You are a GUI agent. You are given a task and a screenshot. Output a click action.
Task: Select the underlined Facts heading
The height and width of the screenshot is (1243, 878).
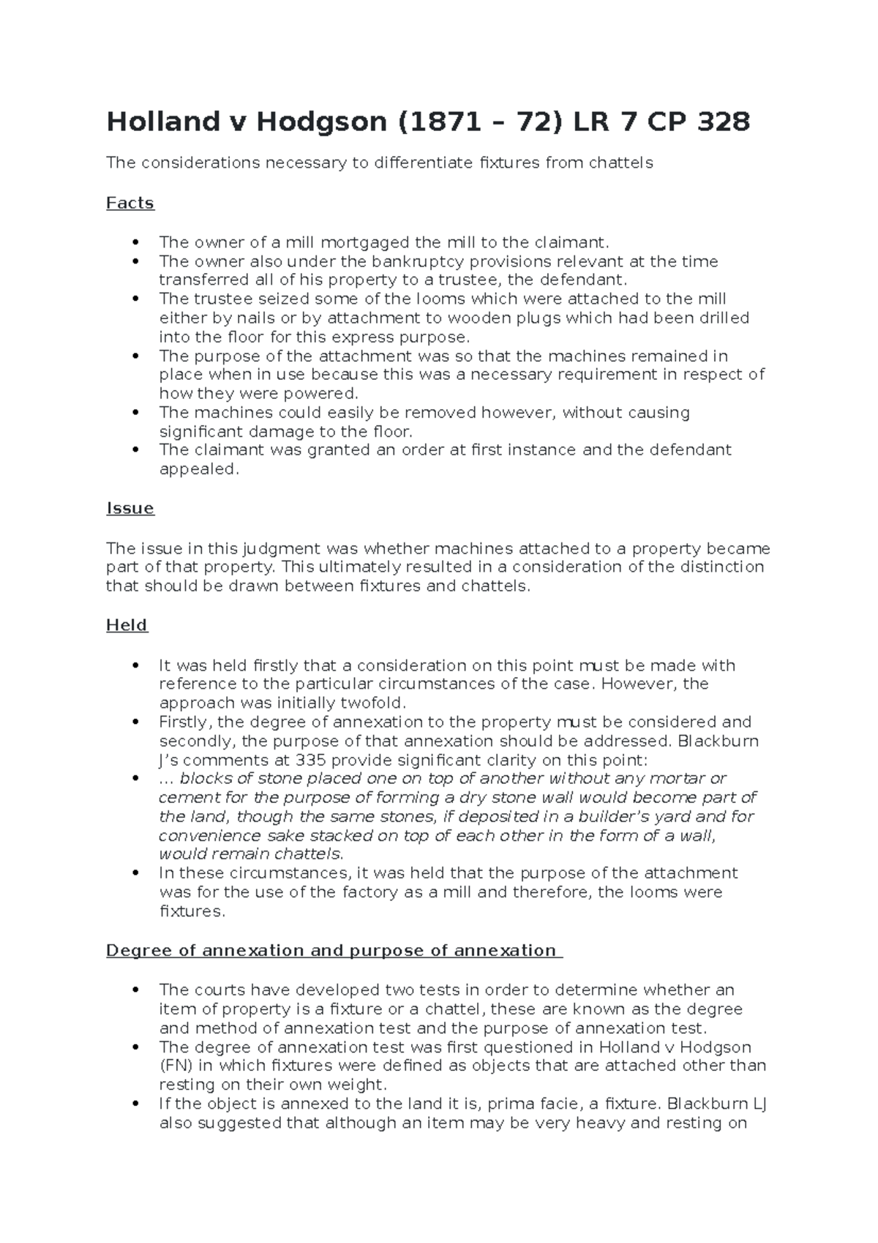pos(130,203)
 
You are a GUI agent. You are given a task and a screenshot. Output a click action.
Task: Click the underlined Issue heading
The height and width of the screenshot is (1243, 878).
pos(130,508)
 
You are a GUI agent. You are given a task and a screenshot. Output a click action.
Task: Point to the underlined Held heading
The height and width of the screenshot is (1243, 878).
pos(127,625)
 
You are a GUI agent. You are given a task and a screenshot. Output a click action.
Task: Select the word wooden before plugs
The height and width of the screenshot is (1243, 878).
pos(476,318)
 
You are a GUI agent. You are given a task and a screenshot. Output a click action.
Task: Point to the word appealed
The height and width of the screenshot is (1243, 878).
pos(198,469)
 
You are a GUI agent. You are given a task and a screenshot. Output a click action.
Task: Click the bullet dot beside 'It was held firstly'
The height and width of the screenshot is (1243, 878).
pos(135,665)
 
